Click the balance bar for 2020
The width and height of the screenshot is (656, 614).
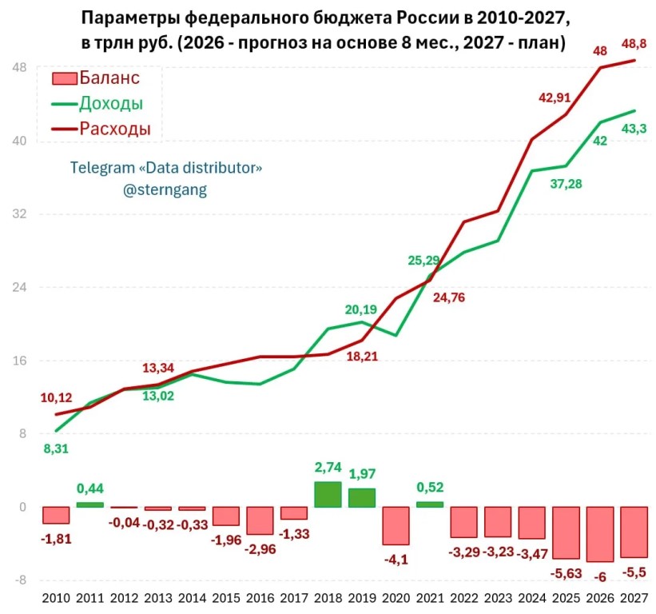(x=396, y=526)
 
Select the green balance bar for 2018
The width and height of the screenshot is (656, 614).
(x=328, y=494)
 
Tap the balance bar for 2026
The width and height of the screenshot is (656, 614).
(x=600, y=535)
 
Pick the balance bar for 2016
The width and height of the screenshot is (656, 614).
(x=260, y=520)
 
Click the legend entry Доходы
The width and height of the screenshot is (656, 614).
(x=97, y=103)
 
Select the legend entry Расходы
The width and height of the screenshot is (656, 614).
(x=101, y=129)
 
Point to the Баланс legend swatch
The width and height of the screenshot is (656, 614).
(x=65, y=78)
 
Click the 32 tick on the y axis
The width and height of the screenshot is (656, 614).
(x=19, y=214)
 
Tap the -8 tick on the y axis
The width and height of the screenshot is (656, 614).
(x=20, y=580)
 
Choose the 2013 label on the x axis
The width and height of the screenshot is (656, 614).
(x=158, y=598)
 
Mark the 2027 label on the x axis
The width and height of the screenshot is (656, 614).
(x=634, y=598)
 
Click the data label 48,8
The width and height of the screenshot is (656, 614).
(x=634, y=43)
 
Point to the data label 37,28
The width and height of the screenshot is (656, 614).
(x=566, y=184)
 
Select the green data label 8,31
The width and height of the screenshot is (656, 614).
(x=56, y=449)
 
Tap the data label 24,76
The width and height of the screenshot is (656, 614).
(x=449, y=297)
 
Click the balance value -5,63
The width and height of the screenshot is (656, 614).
(x=566, y=573)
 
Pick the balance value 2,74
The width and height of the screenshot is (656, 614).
(x=328, y=467)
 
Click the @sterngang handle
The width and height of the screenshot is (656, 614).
(x=165, y=189)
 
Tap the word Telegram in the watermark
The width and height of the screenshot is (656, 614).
(x=102, y=167)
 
